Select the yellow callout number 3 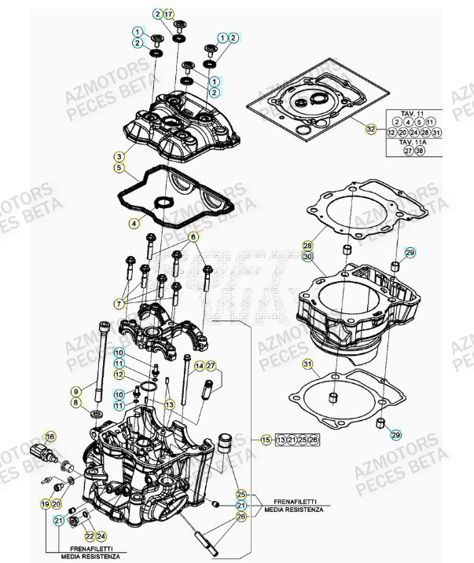click(118, 155)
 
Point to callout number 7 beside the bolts click(119, 302)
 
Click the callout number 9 click(75, 390)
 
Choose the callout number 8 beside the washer click(75, 403)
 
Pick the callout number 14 click(199, 366)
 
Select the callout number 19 click(45, 503)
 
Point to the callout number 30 click(308, 256)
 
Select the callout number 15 click(266, 439)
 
